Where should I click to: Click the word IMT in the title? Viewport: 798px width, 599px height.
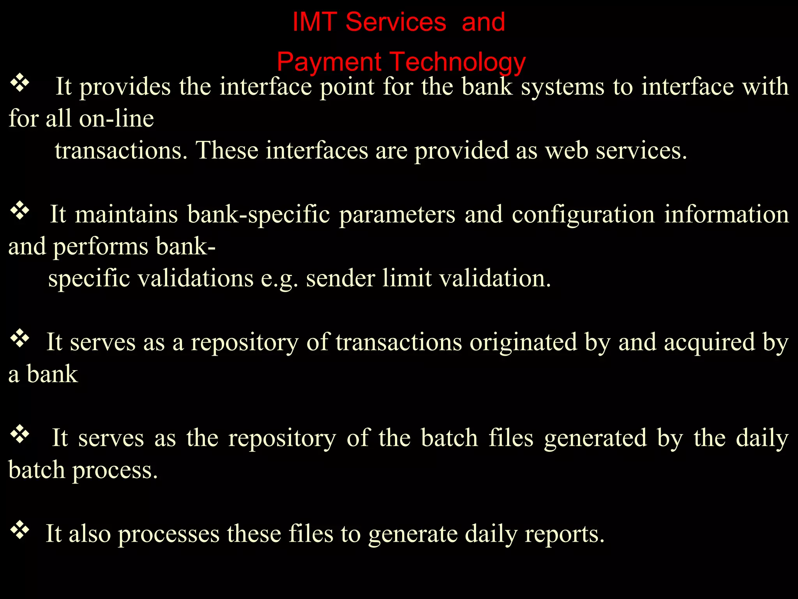click(x=314, y=22)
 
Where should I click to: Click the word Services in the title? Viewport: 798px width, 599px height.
click(x=395, y=22)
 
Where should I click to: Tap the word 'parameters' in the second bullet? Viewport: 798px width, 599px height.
click(x=397, y=214)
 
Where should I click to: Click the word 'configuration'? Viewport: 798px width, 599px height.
click(x=583, y=214)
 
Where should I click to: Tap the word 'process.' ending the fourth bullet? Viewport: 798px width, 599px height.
click(x=115, y=470)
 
